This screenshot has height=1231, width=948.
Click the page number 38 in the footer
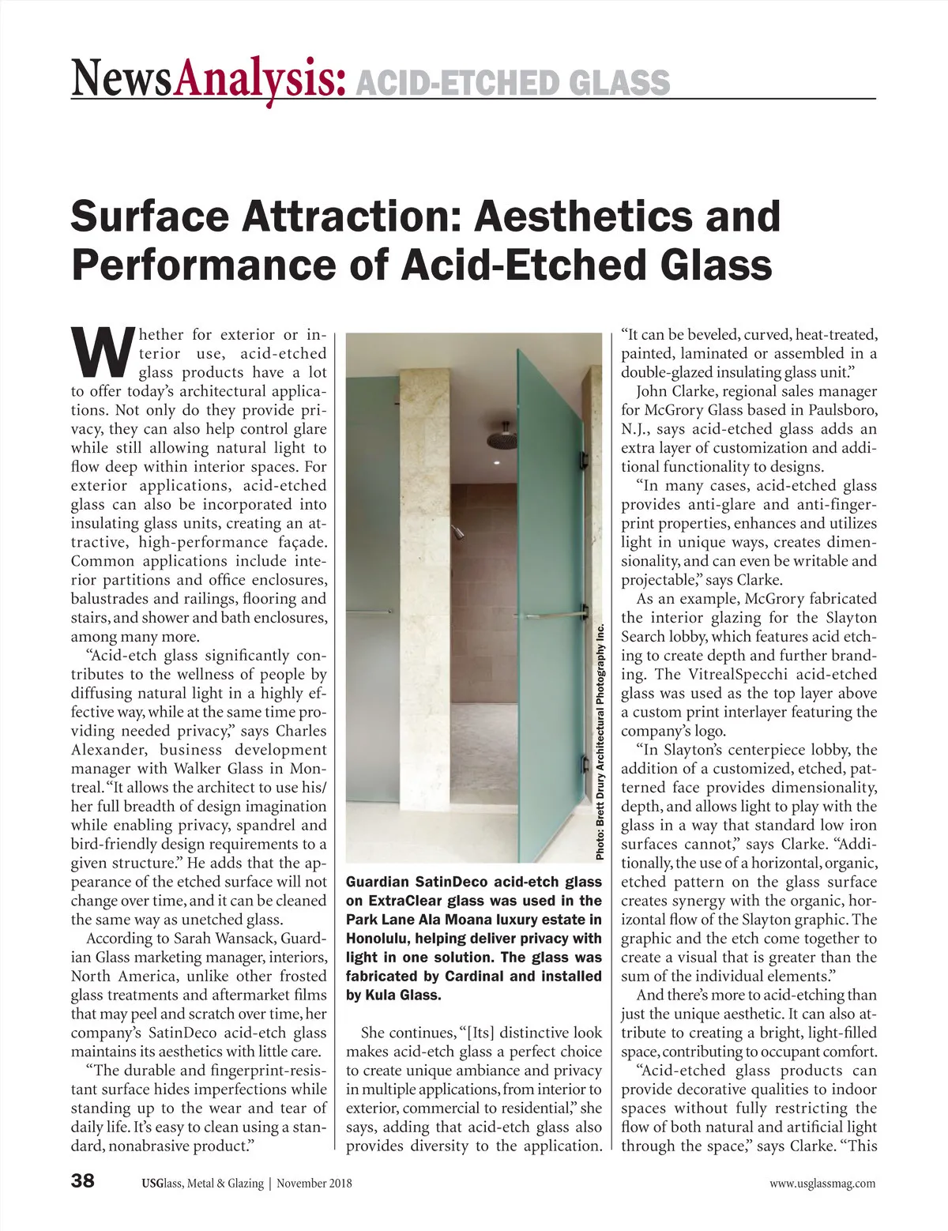[x=83, y=1181]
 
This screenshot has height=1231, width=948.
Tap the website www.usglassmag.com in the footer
[x=822, y=1183]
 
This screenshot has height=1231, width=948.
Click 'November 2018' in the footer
[x=314, y=1183]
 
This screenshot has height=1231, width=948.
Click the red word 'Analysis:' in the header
[x=261, y=81]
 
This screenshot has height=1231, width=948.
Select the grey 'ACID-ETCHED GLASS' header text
[x=513, y=82]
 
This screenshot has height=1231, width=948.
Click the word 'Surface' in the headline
[x=149, y=216]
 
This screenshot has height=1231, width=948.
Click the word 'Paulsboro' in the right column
[x=839, y=410]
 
